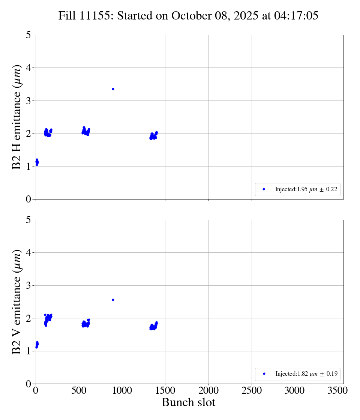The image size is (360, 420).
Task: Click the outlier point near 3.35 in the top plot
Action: coord(113,89)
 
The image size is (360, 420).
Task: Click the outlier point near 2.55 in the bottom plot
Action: coord(113,300)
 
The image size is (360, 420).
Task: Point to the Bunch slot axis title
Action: coord(188,403)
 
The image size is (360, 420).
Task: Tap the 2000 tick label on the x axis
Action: coord(208,391)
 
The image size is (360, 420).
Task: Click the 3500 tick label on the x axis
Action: coord(338,391)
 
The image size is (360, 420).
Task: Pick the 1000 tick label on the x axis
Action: coord(122,391)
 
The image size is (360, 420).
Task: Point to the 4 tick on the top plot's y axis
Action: coord(28,68)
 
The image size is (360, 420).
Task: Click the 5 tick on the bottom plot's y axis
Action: coord(28,220)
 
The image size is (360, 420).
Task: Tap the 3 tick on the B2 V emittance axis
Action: coord(28,285)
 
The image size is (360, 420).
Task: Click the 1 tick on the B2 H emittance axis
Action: coord(28,166)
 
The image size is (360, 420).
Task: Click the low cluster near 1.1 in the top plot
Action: coord(37,162)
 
